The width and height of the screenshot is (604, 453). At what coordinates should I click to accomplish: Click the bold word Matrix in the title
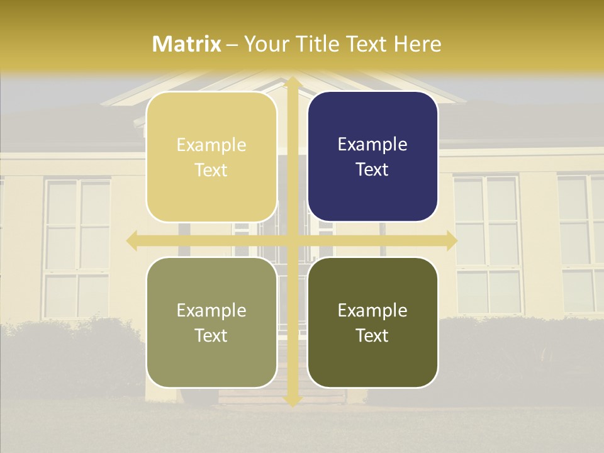187,44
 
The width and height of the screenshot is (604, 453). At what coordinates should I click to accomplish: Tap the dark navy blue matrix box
372,157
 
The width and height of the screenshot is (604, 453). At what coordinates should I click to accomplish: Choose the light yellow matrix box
211,157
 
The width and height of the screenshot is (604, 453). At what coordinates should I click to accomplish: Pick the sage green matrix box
211,322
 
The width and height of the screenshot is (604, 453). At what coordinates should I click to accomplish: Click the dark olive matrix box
372,322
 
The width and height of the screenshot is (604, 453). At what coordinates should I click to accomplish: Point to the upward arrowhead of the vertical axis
292,83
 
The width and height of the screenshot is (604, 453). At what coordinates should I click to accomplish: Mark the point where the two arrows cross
292,240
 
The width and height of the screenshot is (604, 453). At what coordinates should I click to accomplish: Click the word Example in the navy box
372,145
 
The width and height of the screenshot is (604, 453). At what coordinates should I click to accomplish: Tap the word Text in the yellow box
211,170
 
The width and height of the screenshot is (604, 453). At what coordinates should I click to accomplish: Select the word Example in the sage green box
211,310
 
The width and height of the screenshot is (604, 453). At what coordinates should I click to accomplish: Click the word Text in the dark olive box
372,335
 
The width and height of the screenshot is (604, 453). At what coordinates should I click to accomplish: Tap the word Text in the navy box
372,170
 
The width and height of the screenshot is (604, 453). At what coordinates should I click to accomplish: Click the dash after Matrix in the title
232,45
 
